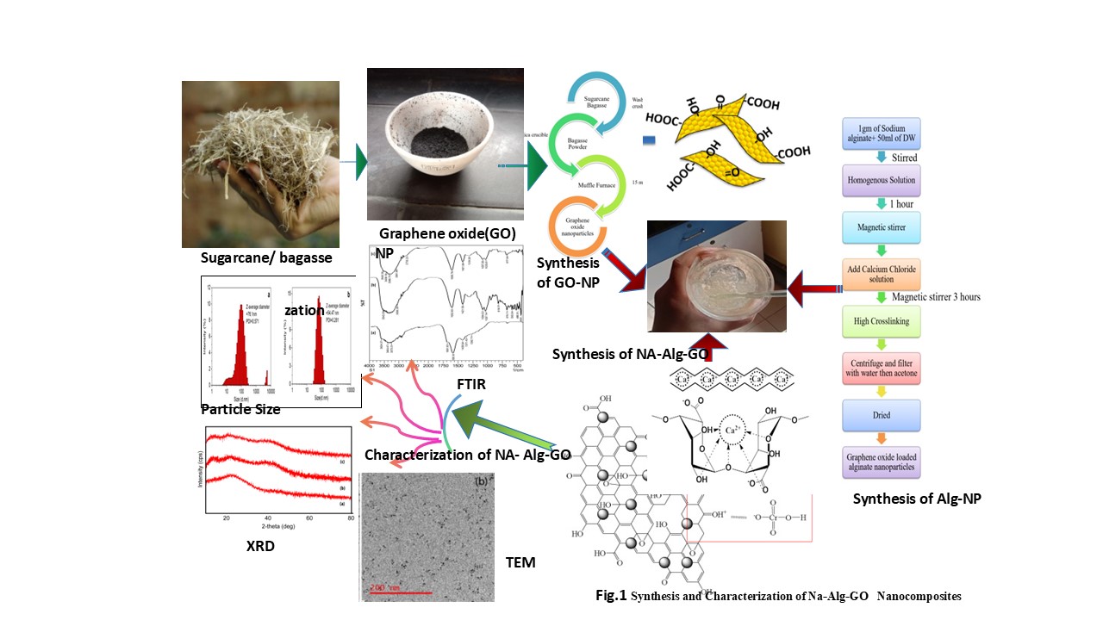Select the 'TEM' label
(520, 562)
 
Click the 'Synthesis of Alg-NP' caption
(917, 499)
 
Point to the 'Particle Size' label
(240, 410)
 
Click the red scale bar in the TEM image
(401, 593)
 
